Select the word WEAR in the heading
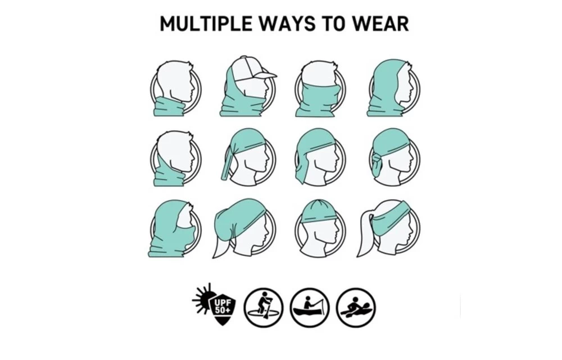point(380,24)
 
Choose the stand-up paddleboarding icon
point(264,308)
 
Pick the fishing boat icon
point(310,308)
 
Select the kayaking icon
point(356,308)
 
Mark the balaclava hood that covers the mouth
point(173,229)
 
